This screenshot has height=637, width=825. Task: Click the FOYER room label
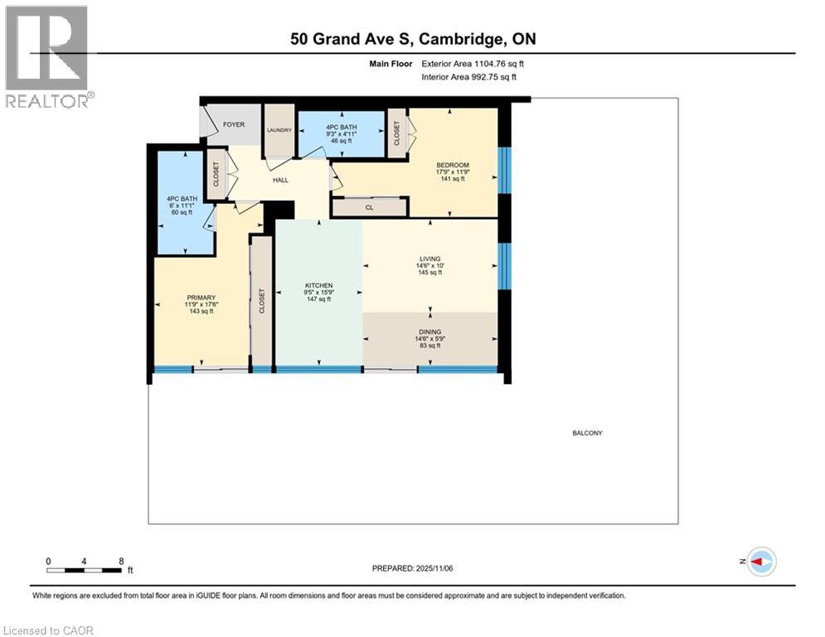pyautogui.click(x=234, y=124)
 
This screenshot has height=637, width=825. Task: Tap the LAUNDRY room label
pyautogui.click(x=279, y=130)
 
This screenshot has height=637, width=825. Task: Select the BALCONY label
pyautogui.click(x=587, y=433)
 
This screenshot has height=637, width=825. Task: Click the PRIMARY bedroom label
pyautogui.click(x=201, y=298)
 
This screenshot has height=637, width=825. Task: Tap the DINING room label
pyautogui.click(x=429, y=332)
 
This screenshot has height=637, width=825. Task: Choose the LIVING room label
pyautogui.click(x=429, y=258)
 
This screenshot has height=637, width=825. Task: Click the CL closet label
pyautogui.click(x=369, y=207)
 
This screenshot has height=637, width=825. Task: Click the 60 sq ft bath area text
pyautogui.click(x=182, y=212)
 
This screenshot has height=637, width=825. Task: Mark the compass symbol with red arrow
pyautogui.click(x=760, y=562)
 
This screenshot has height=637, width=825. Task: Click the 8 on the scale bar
pyautogui.click(x=121, y=561)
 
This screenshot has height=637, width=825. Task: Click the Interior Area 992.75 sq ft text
pyautogui.click(x=469, y=77)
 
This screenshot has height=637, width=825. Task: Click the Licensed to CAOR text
pyautogui.click(x=50, y=630)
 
